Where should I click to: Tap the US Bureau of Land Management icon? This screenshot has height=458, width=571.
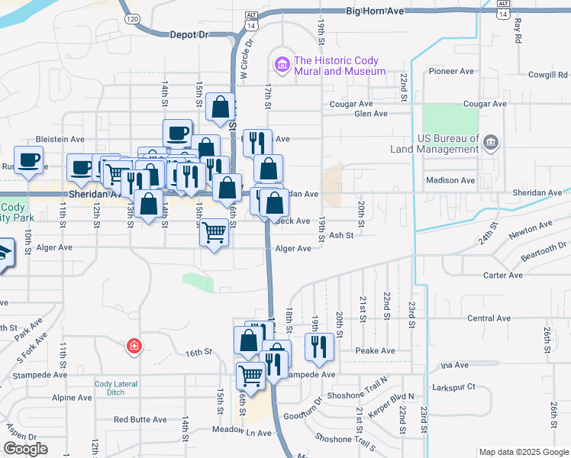click(490, 141)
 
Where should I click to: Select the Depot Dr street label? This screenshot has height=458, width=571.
click(188, 34)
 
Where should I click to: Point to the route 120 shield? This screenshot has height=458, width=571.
click(133, 18)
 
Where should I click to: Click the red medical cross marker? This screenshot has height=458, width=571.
click(134, 346)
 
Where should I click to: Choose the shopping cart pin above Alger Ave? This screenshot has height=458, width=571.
click(215, 231)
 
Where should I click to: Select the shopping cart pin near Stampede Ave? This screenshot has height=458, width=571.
click(250, 375)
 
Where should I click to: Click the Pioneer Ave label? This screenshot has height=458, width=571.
click(452, 72)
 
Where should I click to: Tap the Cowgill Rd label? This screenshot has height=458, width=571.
click(548, 75)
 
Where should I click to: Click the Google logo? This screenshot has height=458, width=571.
click(26, 450)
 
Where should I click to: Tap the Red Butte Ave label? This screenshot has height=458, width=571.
click(140, 420)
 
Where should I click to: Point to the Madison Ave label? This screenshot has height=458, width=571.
click(451, 181)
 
